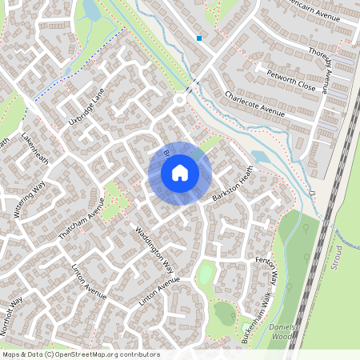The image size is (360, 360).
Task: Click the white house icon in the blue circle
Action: (180, 172)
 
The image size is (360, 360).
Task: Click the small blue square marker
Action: (199, 38)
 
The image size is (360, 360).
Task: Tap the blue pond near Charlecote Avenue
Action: (261, 157)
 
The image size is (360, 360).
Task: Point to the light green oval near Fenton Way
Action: (206, 274)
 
